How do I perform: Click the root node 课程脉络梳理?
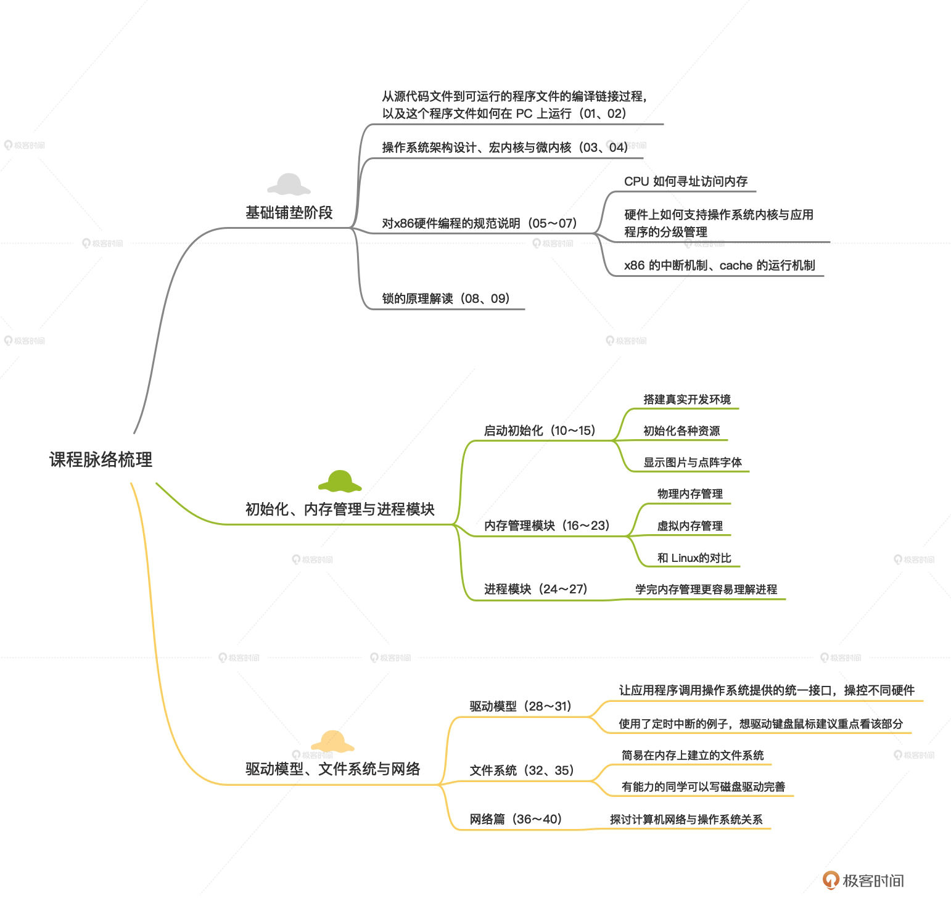click(101, 460)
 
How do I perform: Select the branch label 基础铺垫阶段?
click(289, 213)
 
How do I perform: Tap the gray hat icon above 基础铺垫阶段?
click(289, 184)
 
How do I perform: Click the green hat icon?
click(340, 480)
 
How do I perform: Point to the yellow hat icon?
click(332, 741)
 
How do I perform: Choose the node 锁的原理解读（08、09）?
click(446, 299)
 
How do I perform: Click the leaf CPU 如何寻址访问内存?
click(686, 181)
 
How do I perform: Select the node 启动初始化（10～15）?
click(540, 431)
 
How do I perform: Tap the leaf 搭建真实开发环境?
click(687, 399)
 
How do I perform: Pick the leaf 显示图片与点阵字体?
click(693, 462)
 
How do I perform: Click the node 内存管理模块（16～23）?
click(547, 526)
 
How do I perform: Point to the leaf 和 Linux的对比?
click(694, 558)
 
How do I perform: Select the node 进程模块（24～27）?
click(535, 589)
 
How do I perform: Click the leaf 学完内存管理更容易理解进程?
click(706, 589)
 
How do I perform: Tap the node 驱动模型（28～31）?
click(521, 706)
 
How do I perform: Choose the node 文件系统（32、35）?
click(522, 770)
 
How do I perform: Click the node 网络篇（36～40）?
click(516, 819)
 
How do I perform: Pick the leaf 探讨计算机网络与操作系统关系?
click(686, 819)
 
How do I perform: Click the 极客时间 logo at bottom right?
click(863, 880)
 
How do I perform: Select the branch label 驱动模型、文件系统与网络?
click(333, 769)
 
